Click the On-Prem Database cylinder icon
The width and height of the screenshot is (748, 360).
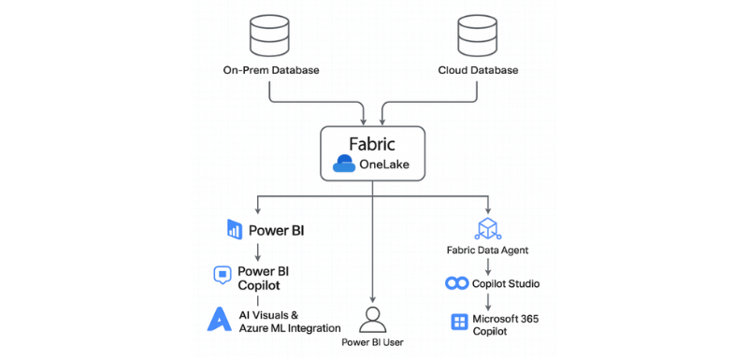[x=270, y=36]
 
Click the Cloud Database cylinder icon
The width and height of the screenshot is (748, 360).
[x=478, y=36]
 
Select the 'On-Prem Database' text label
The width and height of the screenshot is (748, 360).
[x=269, y=71]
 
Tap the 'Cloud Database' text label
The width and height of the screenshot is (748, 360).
[x=478, y=71]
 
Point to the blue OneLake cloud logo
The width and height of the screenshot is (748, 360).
[x=343, y=166]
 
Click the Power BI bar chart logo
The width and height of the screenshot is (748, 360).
[x=234, y=227]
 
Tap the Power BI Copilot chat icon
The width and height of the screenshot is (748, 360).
[x=222, y=275]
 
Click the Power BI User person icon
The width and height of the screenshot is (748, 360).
[x=374, y=318]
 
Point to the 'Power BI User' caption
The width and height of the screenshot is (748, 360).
[x=374, y=343]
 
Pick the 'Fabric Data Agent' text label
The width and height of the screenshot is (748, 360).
[x=488, y=252]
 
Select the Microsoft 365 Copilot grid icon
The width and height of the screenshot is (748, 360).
[x=459, y=323]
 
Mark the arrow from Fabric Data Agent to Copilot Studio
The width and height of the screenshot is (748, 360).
[x=488, y=266]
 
